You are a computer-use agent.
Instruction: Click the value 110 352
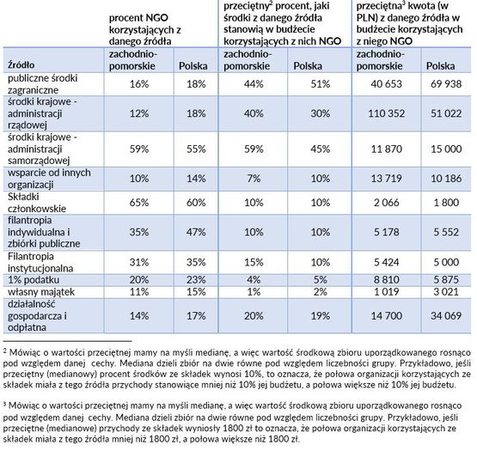click(x=387, y=113)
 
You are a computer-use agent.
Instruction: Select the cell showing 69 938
click(x=446, y=84)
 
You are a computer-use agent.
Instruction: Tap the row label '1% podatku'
click(x=34, y=280)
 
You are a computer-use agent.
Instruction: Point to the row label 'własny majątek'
click(x=41, y=292)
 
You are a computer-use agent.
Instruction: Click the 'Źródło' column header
click(x=21, y=64)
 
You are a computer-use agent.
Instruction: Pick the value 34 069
click(x=446, y=315)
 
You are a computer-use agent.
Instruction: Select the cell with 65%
click(x=139, y=203)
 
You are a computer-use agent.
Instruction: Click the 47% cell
click(x=196, y=232)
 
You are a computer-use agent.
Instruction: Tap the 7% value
click(x=254, y=179)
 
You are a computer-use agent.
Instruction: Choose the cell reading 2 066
click(x=387, y=203)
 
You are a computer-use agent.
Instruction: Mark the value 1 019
click(x=387, y=292)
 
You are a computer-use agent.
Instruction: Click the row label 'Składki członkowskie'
click(x=37, y=203)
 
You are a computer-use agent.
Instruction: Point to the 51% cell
click(x=321, y=84)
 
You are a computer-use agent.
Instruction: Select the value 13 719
click(x=387, y=179)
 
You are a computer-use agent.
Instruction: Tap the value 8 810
click(x=387, y=280)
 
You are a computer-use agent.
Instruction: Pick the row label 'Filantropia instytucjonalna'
click(x=40, y=262)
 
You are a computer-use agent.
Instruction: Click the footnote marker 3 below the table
click(x=4, y=405)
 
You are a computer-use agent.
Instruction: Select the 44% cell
click(x=254, y=84)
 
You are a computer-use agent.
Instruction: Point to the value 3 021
click(x=446, y=292)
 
